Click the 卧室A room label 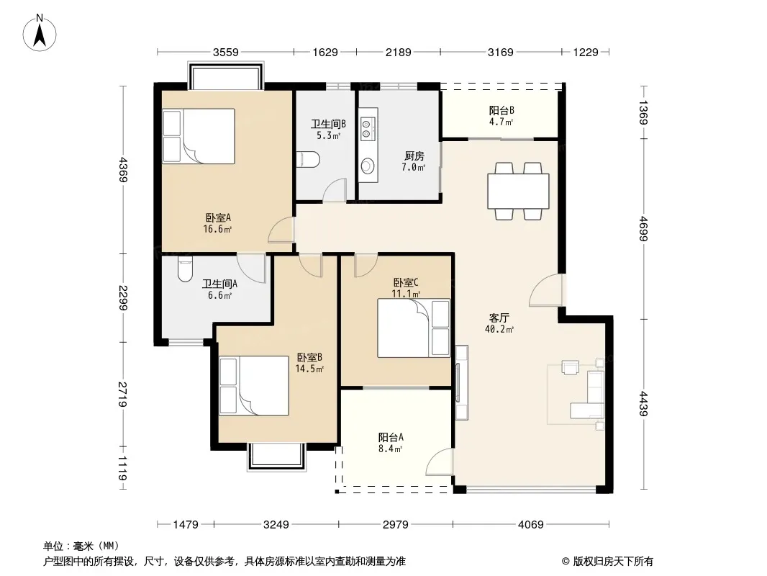[x=217, y=217]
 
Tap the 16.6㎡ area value [x=217, y=230]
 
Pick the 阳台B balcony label [x=501, y=110]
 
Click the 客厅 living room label [x=499, y=317]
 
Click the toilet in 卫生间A [x=184, y=268]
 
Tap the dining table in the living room [x=518, y=191]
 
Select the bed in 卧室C [x=414, y=328]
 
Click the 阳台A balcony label [x=391, y=437]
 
